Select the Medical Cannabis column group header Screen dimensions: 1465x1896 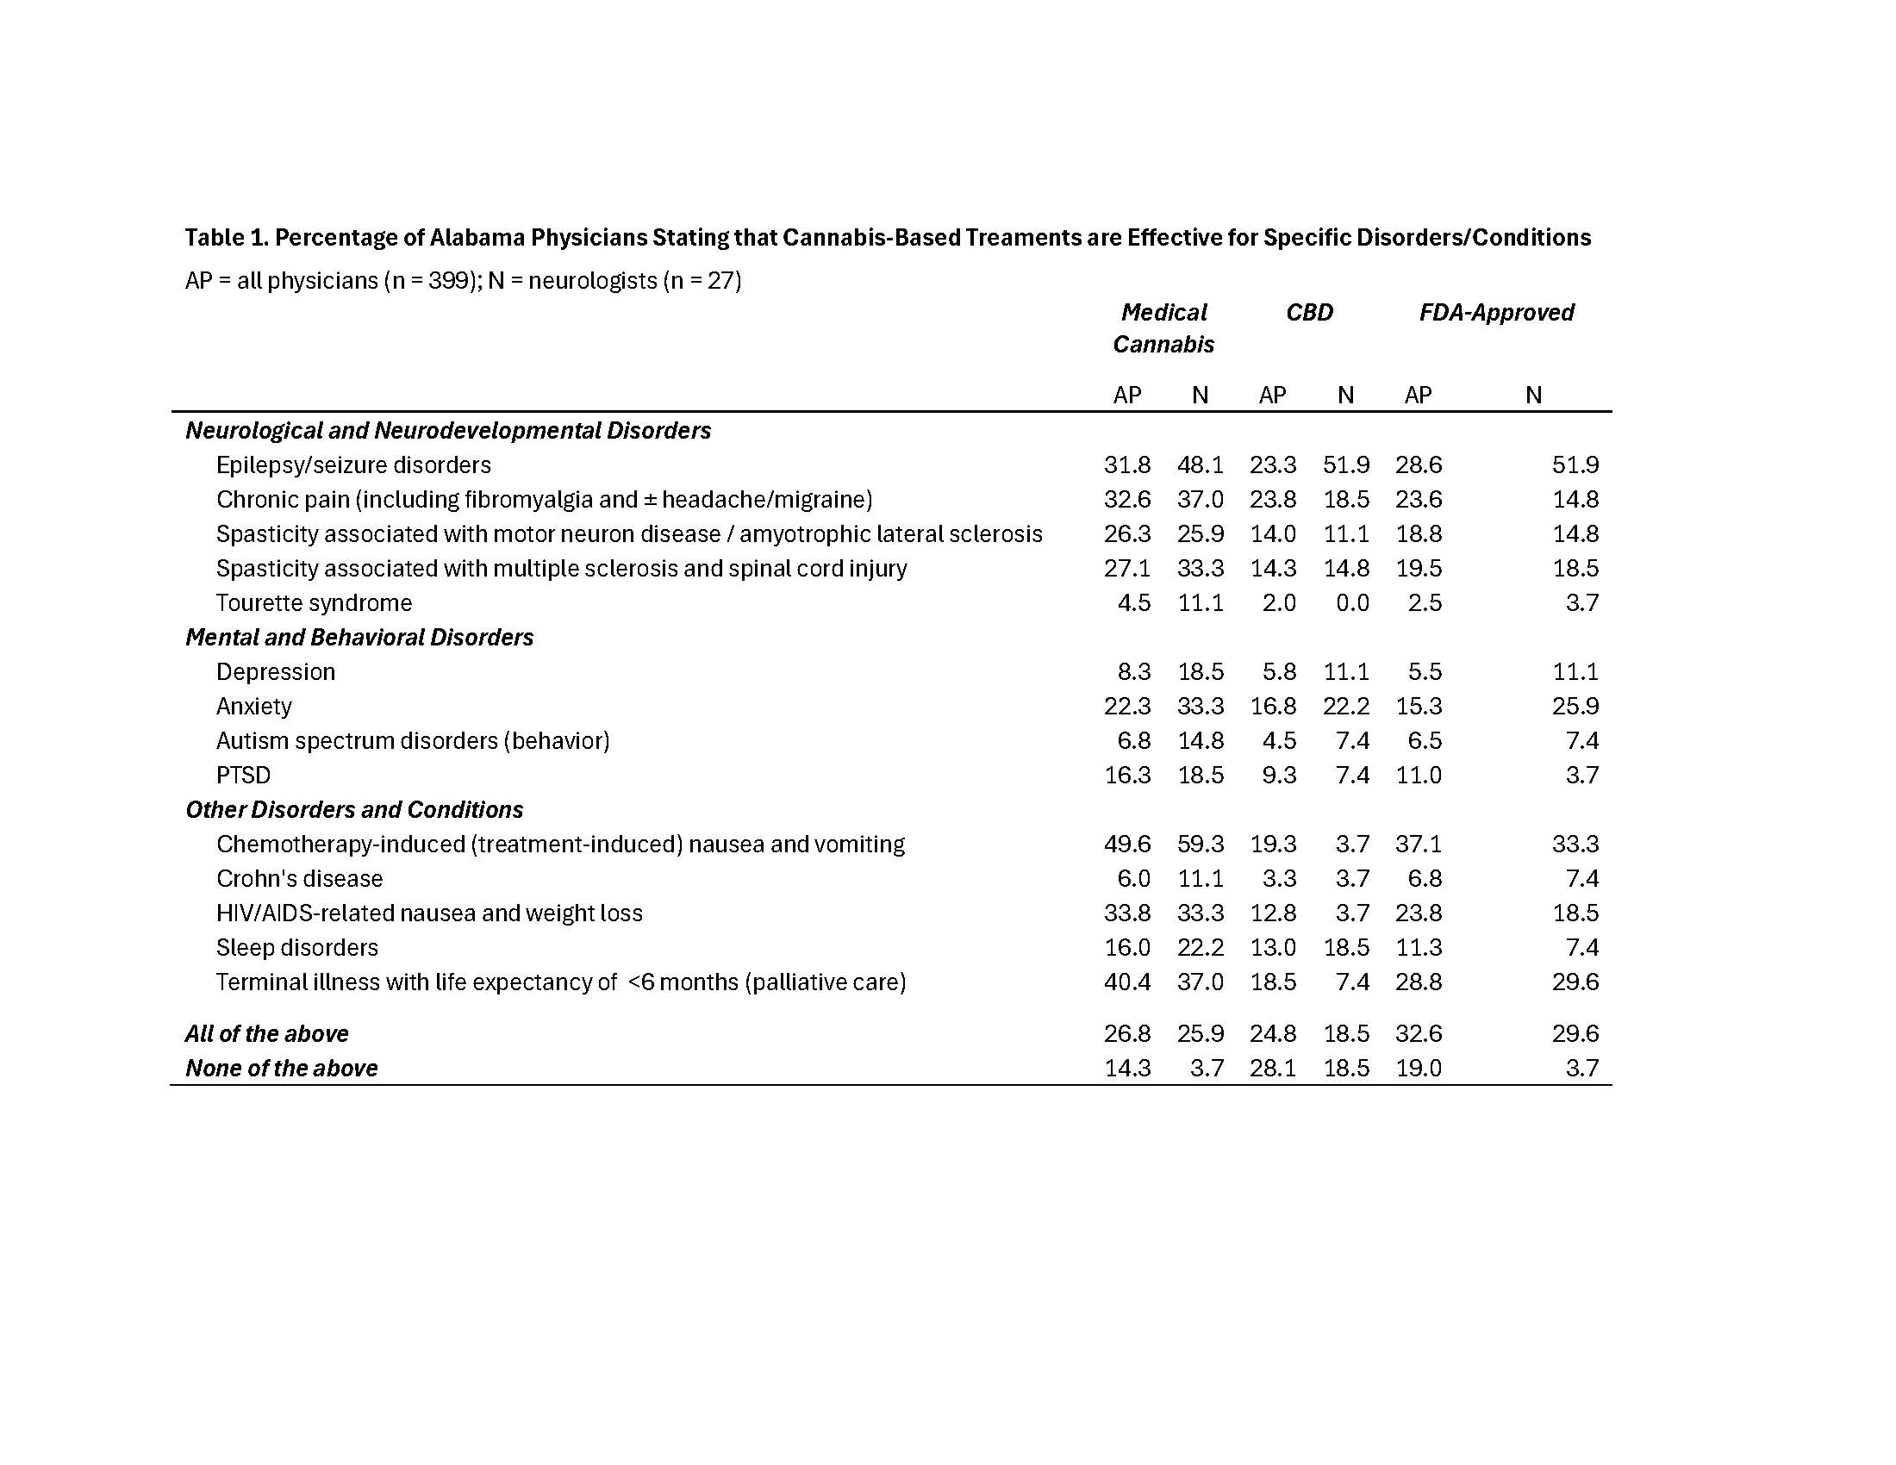1163,328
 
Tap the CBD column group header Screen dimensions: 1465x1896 1309,313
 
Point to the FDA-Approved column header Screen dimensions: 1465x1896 1496,313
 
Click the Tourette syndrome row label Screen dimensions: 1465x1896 314,603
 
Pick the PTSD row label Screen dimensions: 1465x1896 243,775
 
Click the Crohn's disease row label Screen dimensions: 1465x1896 300,878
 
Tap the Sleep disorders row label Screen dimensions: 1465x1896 297,947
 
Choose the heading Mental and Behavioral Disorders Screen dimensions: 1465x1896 359,637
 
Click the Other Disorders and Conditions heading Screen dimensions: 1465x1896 354,810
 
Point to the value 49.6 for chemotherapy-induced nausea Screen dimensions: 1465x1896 1127,844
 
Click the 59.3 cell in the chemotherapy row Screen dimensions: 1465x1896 1200,844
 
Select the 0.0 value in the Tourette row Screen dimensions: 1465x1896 1351,603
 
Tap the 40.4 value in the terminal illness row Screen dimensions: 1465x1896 1127,982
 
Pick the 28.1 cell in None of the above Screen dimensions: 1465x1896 1273,1068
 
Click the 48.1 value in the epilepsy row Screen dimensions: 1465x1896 1200,465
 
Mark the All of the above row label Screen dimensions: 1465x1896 266,1033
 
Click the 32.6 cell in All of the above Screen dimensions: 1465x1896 1419,1033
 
